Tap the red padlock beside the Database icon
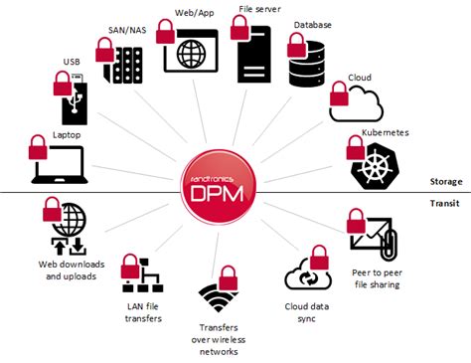[x=297, y=45]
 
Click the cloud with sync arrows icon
[x=303, y=274]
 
